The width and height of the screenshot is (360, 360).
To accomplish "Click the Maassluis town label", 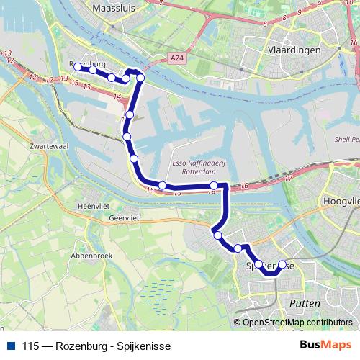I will (x=115, y=9).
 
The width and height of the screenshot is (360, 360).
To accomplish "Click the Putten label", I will (x=305, y=305).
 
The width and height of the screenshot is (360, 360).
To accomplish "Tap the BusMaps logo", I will (x=325, y=345).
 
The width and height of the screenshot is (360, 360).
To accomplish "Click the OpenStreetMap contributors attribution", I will (x=297, y=323).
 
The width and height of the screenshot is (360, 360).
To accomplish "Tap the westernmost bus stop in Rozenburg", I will (x=78, y=68).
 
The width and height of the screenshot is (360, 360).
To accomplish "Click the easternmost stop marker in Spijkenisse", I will (x=282, y=264).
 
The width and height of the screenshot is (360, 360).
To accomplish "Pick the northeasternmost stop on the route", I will (x=140, y=78).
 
